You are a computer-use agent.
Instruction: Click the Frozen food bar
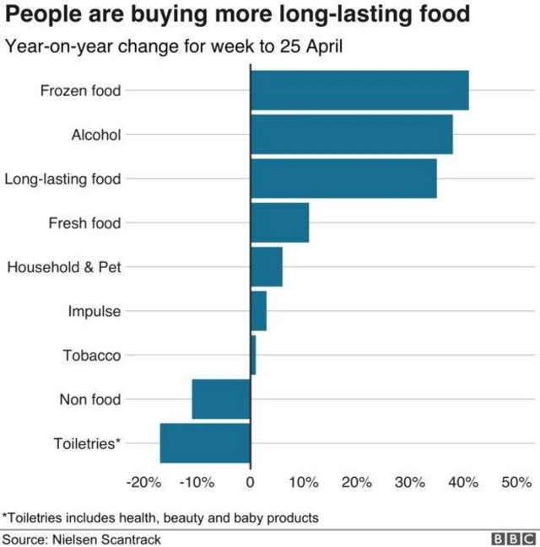(359, 90)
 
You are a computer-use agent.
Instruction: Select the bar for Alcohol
(351, 134)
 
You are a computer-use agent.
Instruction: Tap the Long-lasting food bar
(343, 179)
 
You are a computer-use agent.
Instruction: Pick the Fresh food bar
(279, 223)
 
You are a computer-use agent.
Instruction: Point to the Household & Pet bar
(267, 267)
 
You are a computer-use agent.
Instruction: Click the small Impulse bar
(258, 311)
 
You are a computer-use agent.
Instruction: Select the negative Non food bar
(221, 400)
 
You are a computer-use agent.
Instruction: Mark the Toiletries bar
(205, 443)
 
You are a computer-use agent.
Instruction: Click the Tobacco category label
(92, 356)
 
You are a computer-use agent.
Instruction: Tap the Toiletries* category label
(88, 443)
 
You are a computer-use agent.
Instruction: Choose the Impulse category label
(94, 311)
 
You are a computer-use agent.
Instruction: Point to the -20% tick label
(143, 483)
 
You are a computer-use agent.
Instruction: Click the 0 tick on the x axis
(250, 483)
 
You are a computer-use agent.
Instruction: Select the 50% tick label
(516, 483)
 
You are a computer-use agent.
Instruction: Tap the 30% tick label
(410, 483)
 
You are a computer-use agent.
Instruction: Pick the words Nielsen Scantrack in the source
(106, 538)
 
